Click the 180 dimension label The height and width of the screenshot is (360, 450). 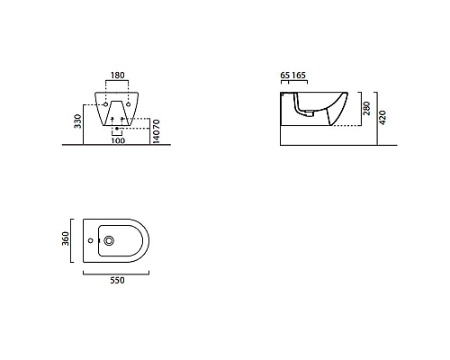pyautogui.click(x=117, y=76)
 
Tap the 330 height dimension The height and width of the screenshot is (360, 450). pyautogui.click(x=77, y=121)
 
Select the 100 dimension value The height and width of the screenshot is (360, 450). pyautogui.click(x=118, y=140)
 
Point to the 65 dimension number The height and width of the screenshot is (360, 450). pyautogui.click(x=284, y=75)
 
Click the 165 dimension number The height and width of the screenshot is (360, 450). pyautogui.click(x=299, y=75)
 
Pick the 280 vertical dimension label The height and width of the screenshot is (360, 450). pyautogui.click(x=366, y=108)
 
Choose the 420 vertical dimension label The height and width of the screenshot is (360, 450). pyautogui.click(x=382, y=118)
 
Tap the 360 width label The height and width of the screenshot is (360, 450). pyautogui.click(x=66, y=238)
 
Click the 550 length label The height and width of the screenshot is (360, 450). pyautogui.click(x=117, y=281)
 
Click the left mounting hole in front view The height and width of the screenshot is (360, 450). pyautogui.click(x=105, y=104)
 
